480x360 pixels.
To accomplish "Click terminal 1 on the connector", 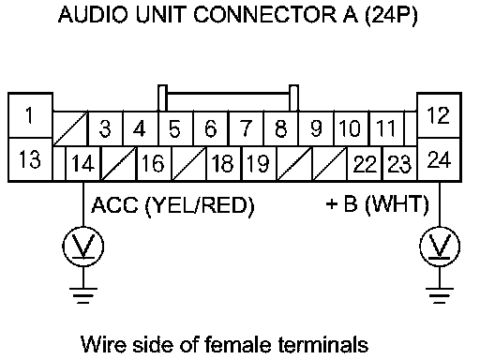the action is click(x=30, y=115).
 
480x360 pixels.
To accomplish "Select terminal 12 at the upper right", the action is click(x=439, y=115).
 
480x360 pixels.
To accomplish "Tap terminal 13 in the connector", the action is click(x=30, y=159).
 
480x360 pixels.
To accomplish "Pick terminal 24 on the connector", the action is click(x=439, y=159).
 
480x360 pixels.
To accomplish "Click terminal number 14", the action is click(x=82, y=163).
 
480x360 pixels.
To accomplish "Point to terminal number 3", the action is click(x=106, y=128).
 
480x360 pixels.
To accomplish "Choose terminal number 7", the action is click(x=247, y=128).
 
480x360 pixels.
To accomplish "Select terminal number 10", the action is click(x=352, y=128).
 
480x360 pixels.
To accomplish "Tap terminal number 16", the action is click(x=154, y=163).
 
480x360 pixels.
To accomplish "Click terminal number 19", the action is click(x=259, y=163).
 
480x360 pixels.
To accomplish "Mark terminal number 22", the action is click(x=365, y=163).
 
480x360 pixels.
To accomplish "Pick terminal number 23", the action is click(x=399, y=163).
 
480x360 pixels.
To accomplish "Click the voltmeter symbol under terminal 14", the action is click(x=83, y=247).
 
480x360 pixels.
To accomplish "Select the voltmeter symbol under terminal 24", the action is click(x=440, y=247).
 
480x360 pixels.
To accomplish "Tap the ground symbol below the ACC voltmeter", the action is click(x=83, y=295).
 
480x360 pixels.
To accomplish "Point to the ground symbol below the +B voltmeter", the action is click(x=440, y=295).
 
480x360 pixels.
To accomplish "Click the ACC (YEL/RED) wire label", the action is click(x=172, y=206).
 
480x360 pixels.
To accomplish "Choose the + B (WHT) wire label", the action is click(x=377, y=204).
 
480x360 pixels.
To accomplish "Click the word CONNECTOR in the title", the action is click(x=265, y=15).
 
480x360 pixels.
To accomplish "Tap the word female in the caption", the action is click(x=238, y=344).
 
